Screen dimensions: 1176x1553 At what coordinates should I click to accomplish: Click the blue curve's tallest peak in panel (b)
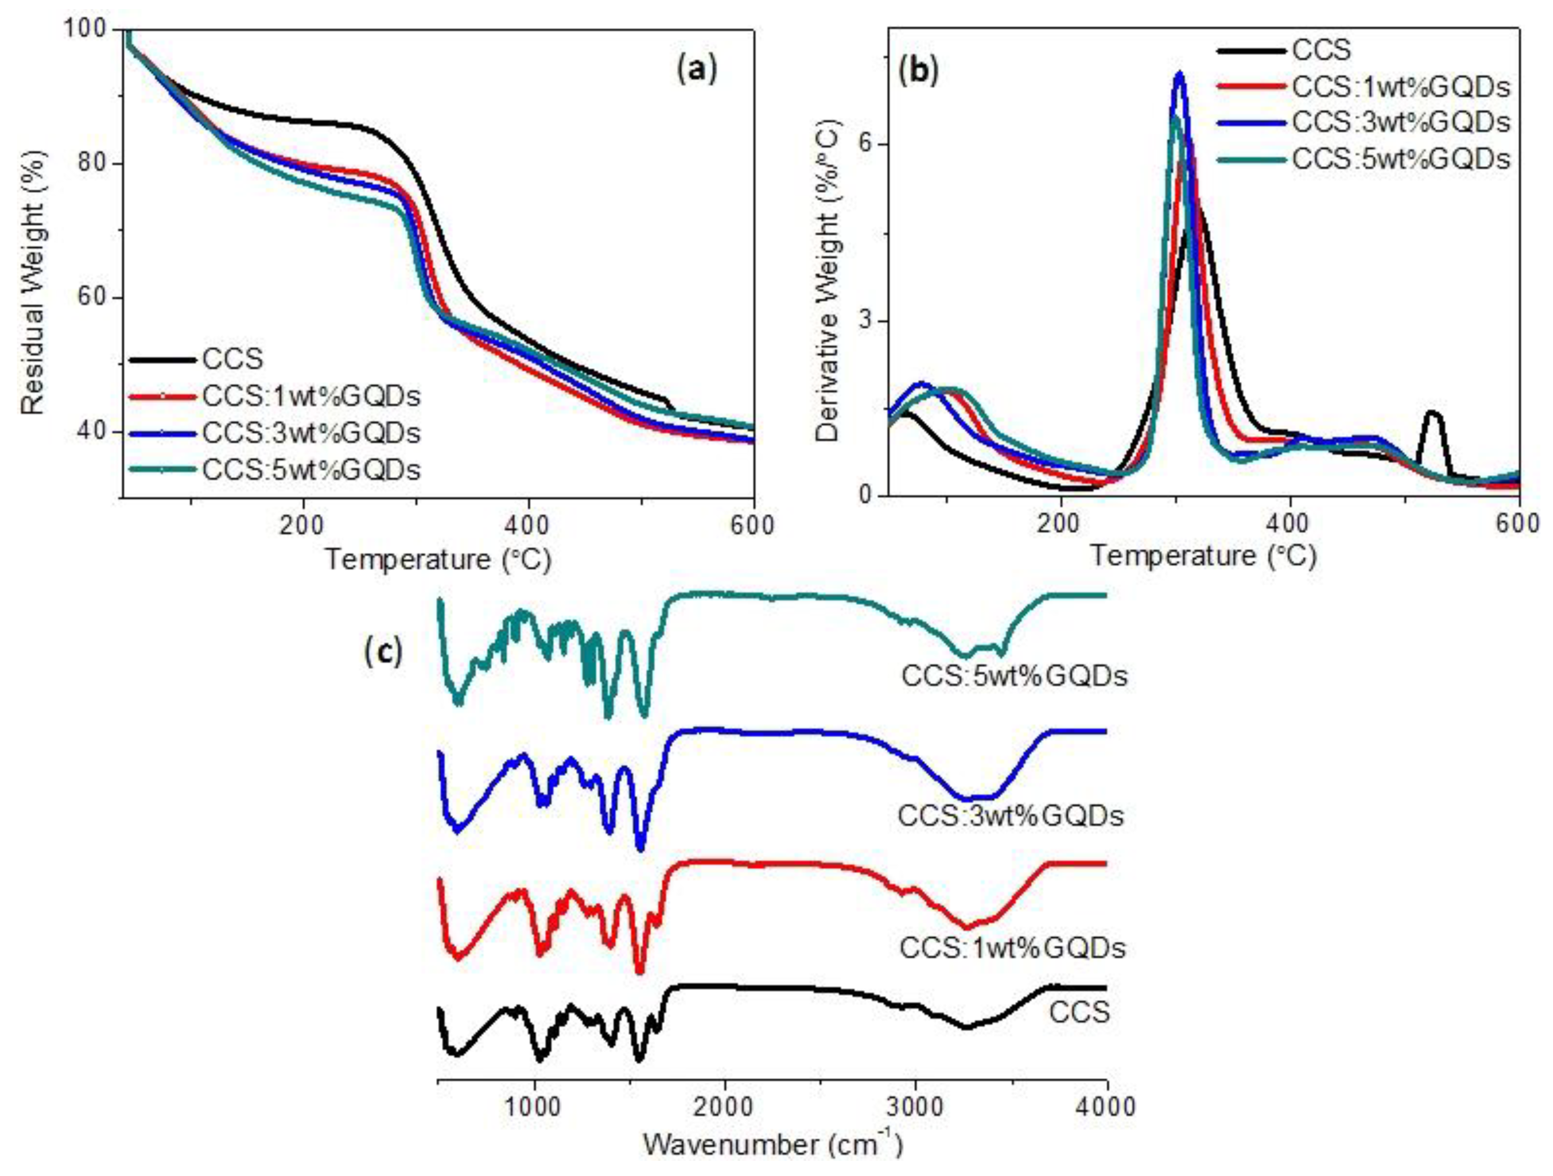(x=1179, y=74)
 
